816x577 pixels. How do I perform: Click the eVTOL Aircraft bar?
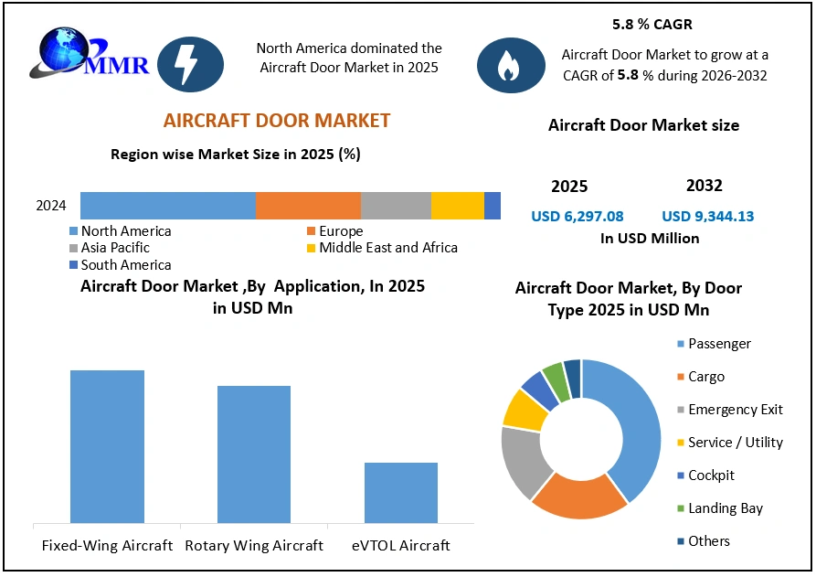click(400, 493)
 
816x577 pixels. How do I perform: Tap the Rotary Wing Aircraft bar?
click(253, 454)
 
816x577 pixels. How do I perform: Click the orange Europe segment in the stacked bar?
click(308, 206)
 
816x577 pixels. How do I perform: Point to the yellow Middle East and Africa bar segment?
click(457, 206)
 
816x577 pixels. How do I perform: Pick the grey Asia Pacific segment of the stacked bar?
click(396, 206)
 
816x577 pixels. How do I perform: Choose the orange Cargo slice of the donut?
click(577, 498)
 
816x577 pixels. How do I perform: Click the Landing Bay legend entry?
click(725, 508)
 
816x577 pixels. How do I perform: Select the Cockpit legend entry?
click(711, 475)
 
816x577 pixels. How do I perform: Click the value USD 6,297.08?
click(578, 217)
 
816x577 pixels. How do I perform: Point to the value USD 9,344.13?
click(708, 217)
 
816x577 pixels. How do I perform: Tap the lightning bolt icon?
click(191, 63)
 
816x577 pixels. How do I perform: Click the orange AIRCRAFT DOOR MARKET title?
click(276, 121)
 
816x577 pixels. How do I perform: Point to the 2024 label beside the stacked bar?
click(51, 206)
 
